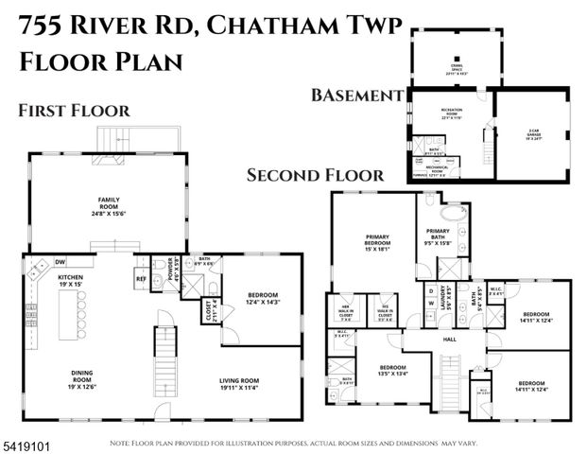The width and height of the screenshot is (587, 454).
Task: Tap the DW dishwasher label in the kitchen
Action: coord(60,262)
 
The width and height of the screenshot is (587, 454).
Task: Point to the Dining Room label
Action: coord(82,380)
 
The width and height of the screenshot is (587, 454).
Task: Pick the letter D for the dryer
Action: coord(431,290)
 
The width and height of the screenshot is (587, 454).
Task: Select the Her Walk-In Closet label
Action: coord(346,309)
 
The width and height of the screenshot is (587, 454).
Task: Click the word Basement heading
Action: coord(357,96)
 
